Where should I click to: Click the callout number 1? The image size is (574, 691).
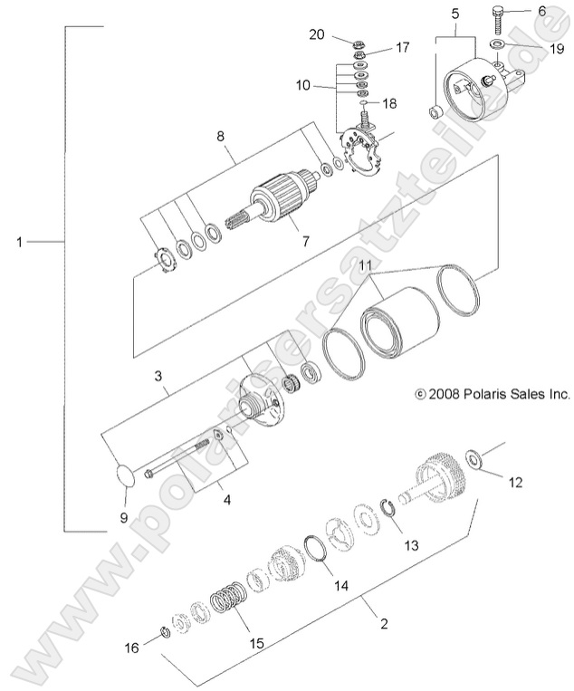[20, 242]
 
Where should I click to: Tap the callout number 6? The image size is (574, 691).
[542, 11]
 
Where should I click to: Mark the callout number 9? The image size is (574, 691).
[125, 518]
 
